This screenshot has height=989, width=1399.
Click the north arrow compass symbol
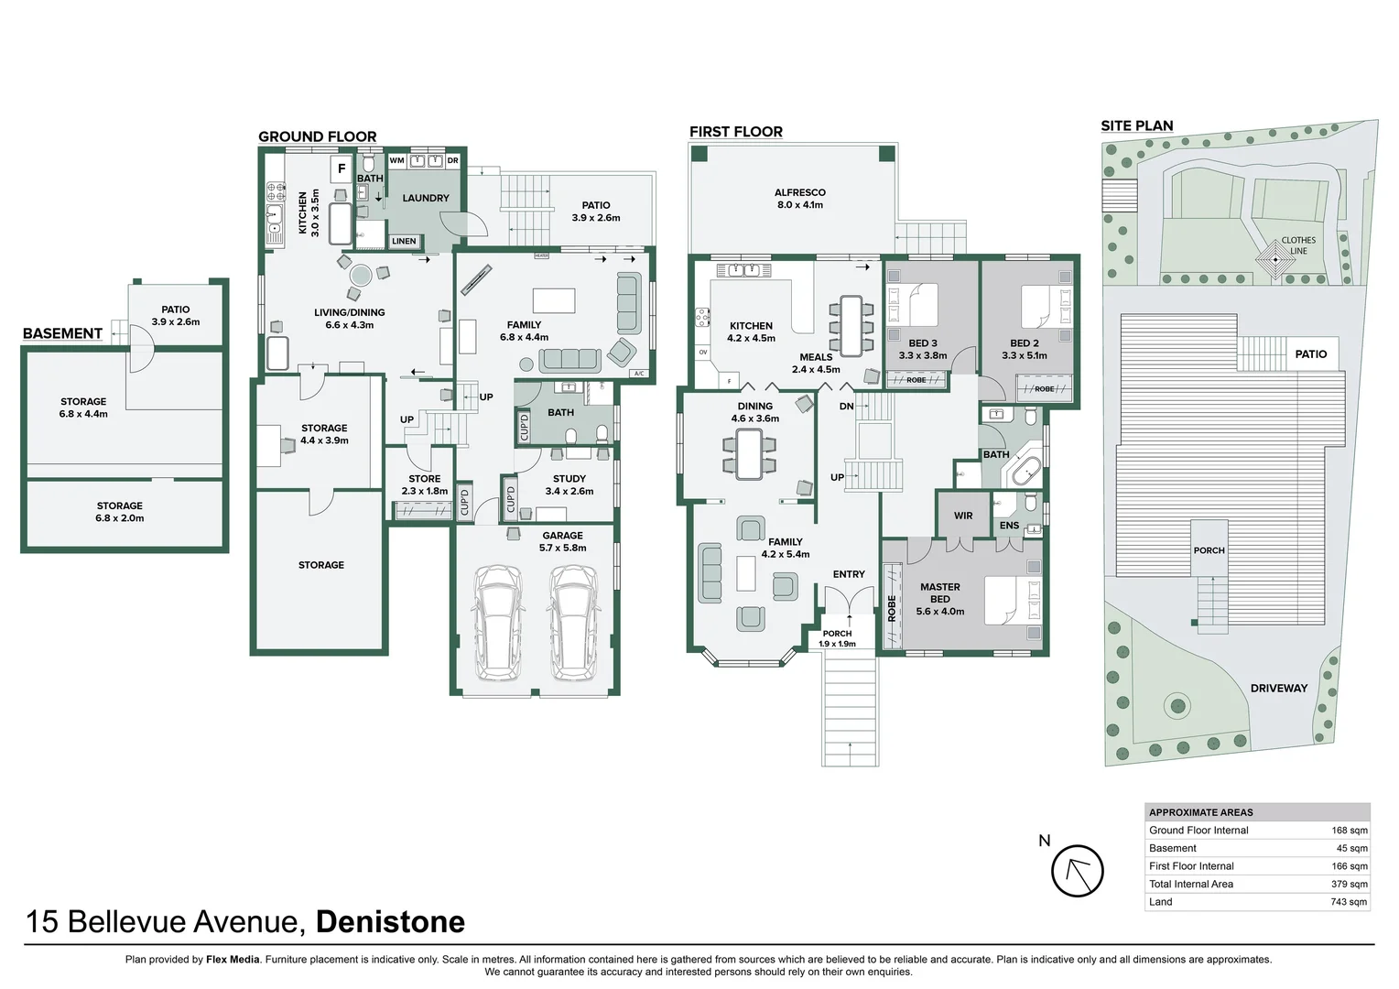click(x=1077, y=871)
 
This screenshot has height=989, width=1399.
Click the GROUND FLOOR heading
click(x=317, y=136)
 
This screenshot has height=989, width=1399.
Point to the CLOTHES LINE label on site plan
click(x=1297, y=245)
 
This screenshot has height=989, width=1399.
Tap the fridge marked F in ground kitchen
click(x=342, y=168)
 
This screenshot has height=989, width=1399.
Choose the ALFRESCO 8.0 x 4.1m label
click(x=799, y=199)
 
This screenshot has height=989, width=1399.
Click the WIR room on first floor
click(x=962, y=516)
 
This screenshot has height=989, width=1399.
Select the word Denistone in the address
click(x=390, y=921)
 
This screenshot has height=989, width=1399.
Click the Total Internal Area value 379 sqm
click(x=1349, y=885)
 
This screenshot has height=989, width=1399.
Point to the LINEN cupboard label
click(x=404, y=242)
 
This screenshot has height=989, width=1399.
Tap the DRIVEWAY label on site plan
click(x=1278, y=688)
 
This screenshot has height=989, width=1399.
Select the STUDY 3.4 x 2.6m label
click(x=569, y=484)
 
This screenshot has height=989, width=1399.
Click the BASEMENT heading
click(x=62, y=333)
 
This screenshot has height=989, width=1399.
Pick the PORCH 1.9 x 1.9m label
click(x=837, y=638)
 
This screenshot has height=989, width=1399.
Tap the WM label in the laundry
click(x=396, y=160)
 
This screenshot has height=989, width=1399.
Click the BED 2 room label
click(x=1024, y=349)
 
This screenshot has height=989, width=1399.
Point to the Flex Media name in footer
click(x=233, y=960)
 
